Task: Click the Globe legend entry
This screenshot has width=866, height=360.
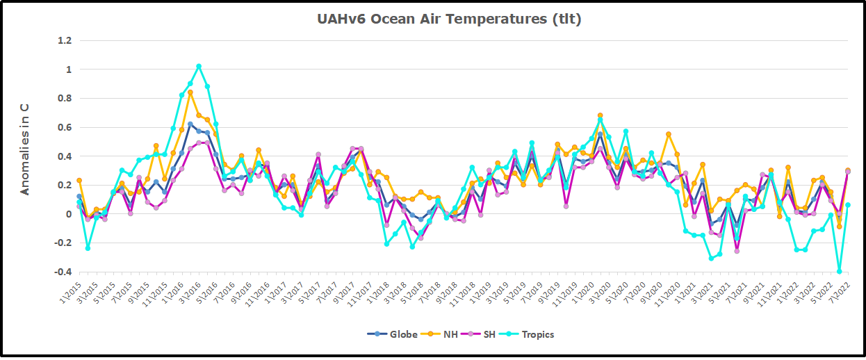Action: [x=393, y=334]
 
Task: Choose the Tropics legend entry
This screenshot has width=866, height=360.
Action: [x=532, y=334]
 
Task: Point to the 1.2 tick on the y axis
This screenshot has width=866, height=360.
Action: [x=65, y=40]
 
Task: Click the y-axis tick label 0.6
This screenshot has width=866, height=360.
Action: [x=65, y=127]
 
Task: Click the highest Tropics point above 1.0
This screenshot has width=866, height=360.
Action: [x=199, y=67]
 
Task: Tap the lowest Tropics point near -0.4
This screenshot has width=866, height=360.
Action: [x=840, y=271]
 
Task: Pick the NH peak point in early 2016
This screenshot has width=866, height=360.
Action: [x=190, y=92]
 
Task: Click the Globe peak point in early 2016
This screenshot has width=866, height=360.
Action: [x=190, y=124]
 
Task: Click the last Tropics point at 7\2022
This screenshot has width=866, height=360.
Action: [x=848, y=205]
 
